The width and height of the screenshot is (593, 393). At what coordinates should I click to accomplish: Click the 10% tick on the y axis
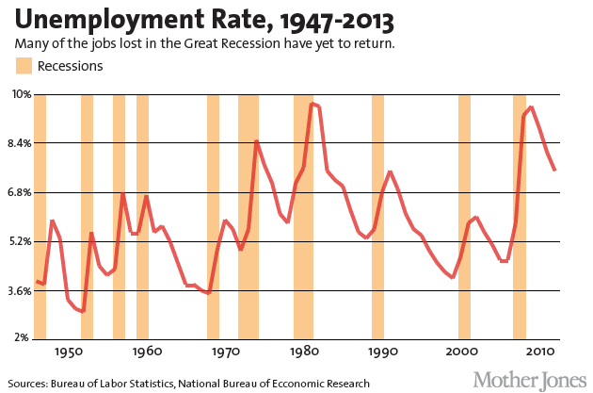[21, 94]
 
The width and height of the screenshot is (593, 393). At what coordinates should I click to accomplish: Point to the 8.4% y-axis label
[19, 143]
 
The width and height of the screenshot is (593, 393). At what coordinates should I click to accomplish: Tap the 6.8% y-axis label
[19, 192]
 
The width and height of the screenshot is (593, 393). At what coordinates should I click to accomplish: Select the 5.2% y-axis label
[19, 241]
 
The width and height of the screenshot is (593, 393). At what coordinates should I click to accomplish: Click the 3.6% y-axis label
[19, 290]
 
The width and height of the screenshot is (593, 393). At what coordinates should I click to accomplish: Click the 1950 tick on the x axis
[67, 352]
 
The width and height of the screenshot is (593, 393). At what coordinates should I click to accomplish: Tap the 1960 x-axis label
[146, 352]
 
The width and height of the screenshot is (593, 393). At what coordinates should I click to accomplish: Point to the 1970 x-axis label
[225, 352]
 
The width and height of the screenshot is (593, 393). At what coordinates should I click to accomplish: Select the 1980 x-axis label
[303, 352]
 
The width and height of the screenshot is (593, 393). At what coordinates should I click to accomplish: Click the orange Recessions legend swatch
[24, 66]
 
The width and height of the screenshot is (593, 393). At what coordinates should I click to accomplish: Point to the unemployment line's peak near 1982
[313, 104]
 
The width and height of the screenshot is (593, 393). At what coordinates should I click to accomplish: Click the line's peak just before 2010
[531, 107]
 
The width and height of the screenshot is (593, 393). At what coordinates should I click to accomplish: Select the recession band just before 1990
[377, 217]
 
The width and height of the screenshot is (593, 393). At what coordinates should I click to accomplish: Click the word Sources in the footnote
[32, 384]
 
